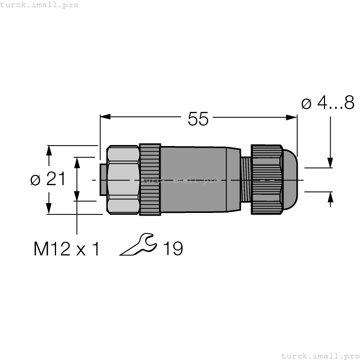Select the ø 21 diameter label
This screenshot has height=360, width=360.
[48, 179]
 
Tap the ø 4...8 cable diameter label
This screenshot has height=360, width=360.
[328, 103]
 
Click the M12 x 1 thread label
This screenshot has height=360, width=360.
[66, 249]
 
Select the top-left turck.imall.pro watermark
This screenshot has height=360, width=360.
[40, 5]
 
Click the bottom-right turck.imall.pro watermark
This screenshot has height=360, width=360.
[320, 355]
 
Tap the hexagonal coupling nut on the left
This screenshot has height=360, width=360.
[122, 179]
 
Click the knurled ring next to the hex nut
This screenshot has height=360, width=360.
[150, 179]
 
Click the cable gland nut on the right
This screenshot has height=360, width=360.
[266, 179]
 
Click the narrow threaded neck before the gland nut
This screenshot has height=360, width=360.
[245, 179]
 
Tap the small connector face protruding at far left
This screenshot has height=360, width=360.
[102, 179]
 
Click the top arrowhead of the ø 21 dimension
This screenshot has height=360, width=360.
[49, 150]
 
